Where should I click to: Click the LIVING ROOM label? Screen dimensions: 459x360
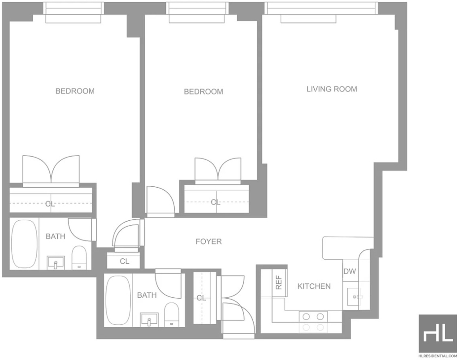point(332,89)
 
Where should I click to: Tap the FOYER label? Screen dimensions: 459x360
point(208,241)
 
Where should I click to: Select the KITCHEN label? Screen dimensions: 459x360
point(314,286)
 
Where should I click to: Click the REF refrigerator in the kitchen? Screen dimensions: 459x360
point(279,283)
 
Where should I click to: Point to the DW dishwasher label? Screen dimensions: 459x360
point(350,271)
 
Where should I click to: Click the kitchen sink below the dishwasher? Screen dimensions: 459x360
point(354,297)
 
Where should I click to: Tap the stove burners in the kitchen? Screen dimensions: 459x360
point(313,321)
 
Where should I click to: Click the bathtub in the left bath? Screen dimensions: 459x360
point(24,244)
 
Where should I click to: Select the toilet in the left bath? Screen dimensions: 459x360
point(79,257)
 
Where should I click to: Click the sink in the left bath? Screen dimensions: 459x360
point(56,263)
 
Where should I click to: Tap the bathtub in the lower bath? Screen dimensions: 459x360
point(118,300)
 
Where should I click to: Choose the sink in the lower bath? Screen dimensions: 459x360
point(149,320)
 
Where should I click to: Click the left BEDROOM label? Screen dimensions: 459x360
point(75,91)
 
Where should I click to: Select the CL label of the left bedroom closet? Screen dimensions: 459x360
point(50,204)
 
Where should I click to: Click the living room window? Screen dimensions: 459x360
point(321,8)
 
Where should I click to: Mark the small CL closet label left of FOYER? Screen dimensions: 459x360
point(125,261)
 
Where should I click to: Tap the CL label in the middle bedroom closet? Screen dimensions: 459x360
point(215,202)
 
